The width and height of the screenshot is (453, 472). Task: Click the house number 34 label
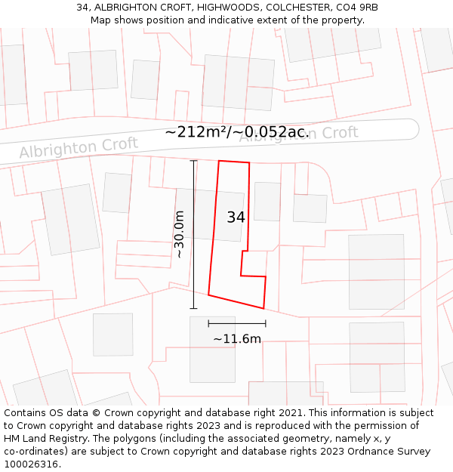(236, 217)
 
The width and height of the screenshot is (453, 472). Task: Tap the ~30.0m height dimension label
(180, 234)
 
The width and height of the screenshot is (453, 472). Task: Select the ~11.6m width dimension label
(236, 339)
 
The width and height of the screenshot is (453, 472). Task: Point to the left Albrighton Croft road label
(79, 147)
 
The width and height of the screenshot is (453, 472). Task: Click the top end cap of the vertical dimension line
(193, 161)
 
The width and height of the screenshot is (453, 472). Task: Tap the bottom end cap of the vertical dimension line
(193, 308)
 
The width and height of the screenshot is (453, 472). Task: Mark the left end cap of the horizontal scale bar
(208, 323)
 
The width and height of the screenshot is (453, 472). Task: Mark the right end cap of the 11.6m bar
(265, 323)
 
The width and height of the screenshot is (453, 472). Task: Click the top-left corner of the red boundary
(219, 161)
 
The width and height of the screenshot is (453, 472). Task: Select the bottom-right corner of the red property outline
(263, 308)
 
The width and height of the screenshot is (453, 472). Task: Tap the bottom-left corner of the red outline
(208, 295)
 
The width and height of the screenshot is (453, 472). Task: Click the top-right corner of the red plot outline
(248, 162)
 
